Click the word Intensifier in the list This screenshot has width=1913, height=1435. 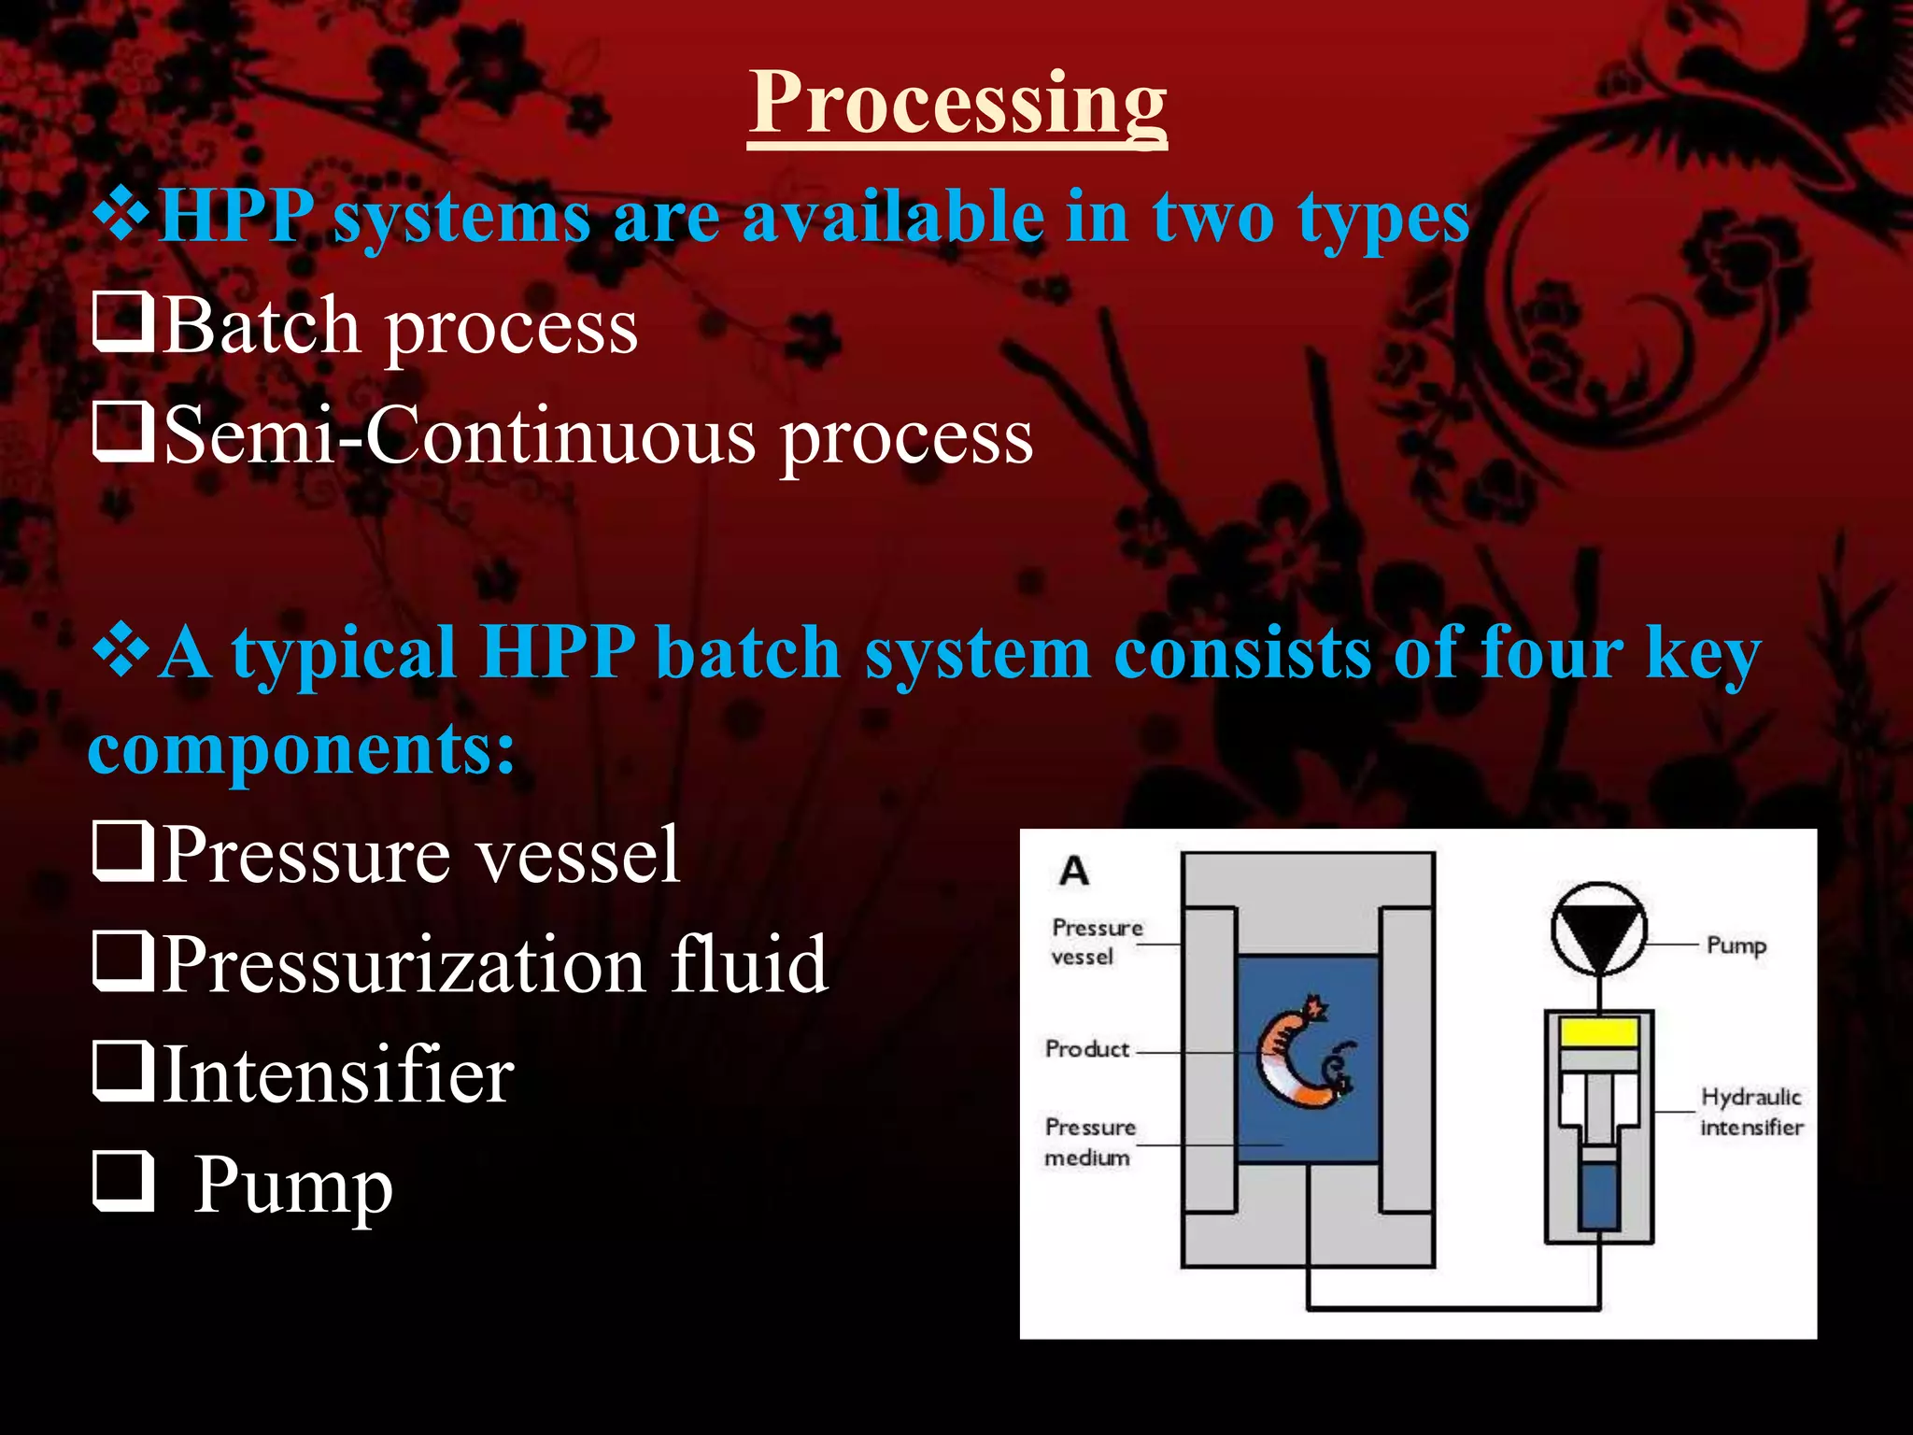pos(338,1075)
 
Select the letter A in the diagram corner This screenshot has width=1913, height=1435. pos(1074,871)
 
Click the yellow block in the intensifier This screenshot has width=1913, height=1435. pos(1599,1031)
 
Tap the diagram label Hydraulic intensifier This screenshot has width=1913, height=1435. pos(1750,1111)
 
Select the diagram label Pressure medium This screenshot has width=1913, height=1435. pos(1089,1142)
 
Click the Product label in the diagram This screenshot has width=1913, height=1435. pos(1087,1049)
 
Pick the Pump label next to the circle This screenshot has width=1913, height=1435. pos(1736,945)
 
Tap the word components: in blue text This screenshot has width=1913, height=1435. pos(301,748)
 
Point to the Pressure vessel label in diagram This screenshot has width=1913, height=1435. pos(1096,942)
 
